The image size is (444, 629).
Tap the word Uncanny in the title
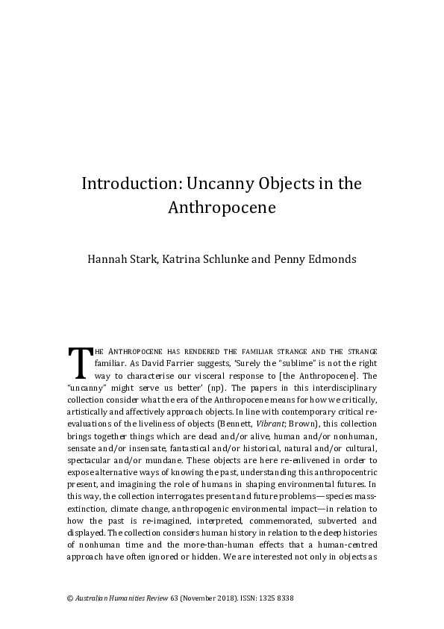pos(212,184)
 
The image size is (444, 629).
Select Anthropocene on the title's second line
pos(222,208)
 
